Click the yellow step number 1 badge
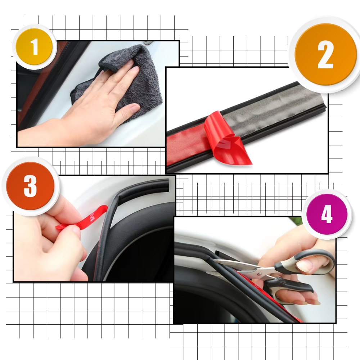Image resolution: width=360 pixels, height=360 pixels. [x=34, y=47]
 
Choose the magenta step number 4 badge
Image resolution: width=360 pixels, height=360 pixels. [x=327, y=215]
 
